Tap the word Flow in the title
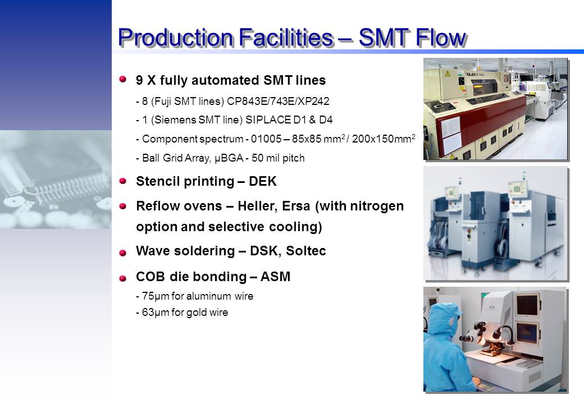click(x=440, y=37)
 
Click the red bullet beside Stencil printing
click(x=123, y=181)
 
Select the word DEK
click(x=263, y=181)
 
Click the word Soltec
click(x=306, y=251)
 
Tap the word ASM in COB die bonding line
click(x=275, y=277)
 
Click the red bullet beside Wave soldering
click(x=123, y=253)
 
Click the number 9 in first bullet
click(x=139, y=80)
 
